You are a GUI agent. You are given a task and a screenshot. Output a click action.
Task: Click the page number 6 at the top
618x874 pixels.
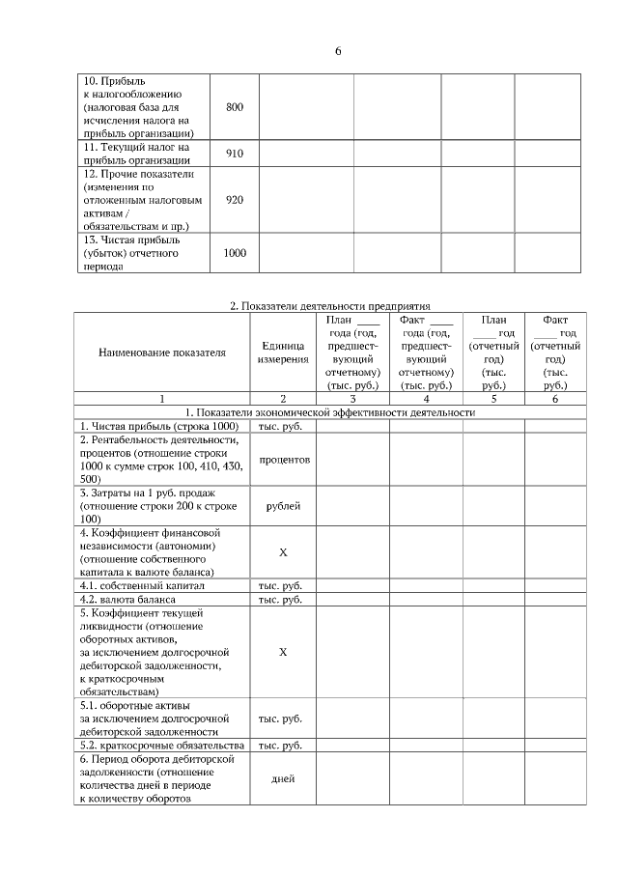click(338, 51)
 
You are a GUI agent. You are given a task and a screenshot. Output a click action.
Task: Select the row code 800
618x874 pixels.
click(235, 106)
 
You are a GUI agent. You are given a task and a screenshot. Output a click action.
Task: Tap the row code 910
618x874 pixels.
click(235, 153)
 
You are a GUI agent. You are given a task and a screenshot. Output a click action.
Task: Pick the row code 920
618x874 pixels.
click(235, 200)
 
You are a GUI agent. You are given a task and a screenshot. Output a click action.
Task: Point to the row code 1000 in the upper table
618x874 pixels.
click(235, 253)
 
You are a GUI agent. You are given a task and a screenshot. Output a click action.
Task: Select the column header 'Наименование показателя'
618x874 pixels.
click(162, 352)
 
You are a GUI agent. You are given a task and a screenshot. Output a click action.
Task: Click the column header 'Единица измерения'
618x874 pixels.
click(283, 352)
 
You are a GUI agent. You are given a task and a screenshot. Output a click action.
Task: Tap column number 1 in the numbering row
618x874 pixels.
click(162, 398)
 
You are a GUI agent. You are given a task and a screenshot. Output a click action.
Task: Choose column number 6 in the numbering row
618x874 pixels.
click(555, 398)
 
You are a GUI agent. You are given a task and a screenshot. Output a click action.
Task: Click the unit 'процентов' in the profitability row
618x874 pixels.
click(283, 460)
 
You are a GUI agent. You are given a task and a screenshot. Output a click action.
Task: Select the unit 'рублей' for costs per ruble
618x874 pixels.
click(283, 505)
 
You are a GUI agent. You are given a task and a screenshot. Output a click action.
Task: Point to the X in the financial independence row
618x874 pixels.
click(283, 551)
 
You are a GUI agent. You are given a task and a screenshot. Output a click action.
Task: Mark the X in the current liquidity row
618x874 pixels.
click(283, 652)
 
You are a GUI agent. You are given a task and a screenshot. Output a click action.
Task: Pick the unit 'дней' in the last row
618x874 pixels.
click(283, 779)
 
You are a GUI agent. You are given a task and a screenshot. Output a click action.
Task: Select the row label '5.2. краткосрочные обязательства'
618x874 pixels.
click(160, 747)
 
